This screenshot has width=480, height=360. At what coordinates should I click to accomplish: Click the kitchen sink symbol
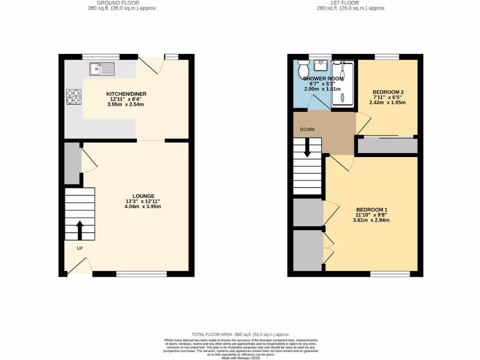click(101, 69)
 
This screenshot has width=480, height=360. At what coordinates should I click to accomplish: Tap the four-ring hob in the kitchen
click(73, 96)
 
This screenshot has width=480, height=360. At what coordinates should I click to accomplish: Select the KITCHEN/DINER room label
click(126, 94)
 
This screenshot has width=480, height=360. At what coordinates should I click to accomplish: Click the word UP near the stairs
click(80, 248)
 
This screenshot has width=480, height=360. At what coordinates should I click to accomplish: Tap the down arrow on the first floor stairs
click(307, 149)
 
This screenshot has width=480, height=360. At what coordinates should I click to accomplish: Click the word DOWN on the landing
click(307, 129)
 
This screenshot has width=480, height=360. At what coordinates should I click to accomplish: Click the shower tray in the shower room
click(344, 83)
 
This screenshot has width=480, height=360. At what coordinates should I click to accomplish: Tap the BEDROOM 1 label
click(372, 210)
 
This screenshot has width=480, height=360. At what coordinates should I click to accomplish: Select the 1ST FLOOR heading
click(351, 3)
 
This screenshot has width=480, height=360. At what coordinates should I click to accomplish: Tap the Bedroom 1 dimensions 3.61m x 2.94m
click(372, 220)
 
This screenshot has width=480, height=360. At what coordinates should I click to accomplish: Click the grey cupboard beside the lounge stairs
click(72, 163)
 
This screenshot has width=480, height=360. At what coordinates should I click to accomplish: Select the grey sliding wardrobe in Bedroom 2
click(387, 146)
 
